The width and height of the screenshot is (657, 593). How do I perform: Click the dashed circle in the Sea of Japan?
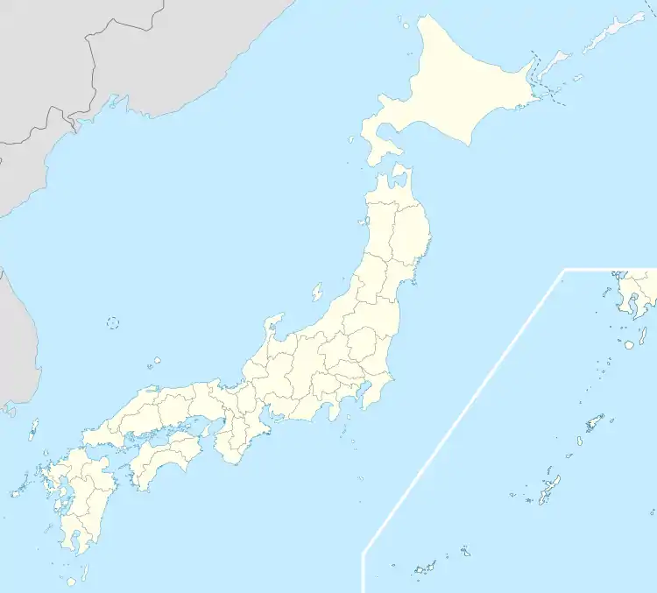click(113, 322)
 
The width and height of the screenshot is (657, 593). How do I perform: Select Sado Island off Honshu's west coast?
click(317, 291)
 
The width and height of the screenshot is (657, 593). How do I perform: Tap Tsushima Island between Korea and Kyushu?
click(34, 428)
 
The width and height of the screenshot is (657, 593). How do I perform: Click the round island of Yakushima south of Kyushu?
click(71, 581)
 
